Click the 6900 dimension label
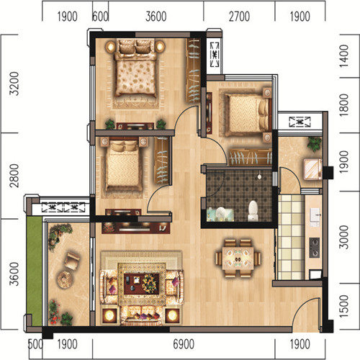click(x=184, y=344)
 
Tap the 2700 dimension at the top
click(x=239, y=17)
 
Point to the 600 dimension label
click(x=100, y=17)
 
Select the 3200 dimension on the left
click(x=14, y=84)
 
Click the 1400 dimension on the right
click(x=343, y=55)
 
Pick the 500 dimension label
click(x=35, y=344)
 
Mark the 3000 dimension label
click(x=343, y=237)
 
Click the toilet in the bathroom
click(x=253, y=211)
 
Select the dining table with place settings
click(x=238, y=258)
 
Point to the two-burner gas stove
click(x=315, y=248)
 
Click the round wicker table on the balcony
click(x=64, y=279)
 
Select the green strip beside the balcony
click(x=35, y=271)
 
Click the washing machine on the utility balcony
click(x=312, y=169)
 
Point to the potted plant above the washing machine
click(x=315, y=144)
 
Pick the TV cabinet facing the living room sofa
click(x=136, y=228)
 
